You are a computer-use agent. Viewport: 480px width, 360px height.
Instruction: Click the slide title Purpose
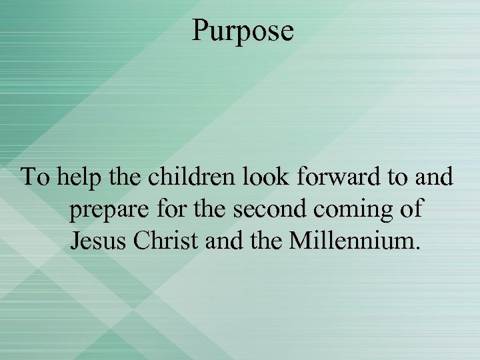(x=243, y=31)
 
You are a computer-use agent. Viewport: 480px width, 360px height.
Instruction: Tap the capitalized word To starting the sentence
(x=36, y=178)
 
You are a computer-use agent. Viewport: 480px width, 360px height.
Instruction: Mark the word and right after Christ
(x=223, y=240)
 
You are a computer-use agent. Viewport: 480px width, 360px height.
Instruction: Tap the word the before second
(x=210, y=209)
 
